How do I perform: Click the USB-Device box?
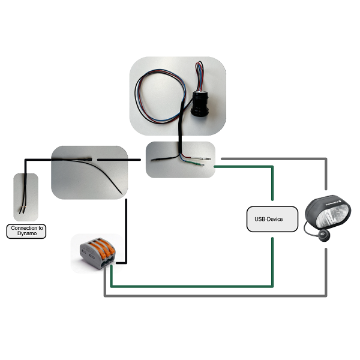[273, 220]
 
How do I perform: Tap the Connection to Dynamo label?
[26, 231]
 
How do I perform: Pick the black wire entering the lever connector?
[127, 234]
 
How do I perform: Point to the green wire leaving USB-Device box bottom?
[273, 258]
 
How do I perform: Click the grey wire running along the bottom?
[216, 296]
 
